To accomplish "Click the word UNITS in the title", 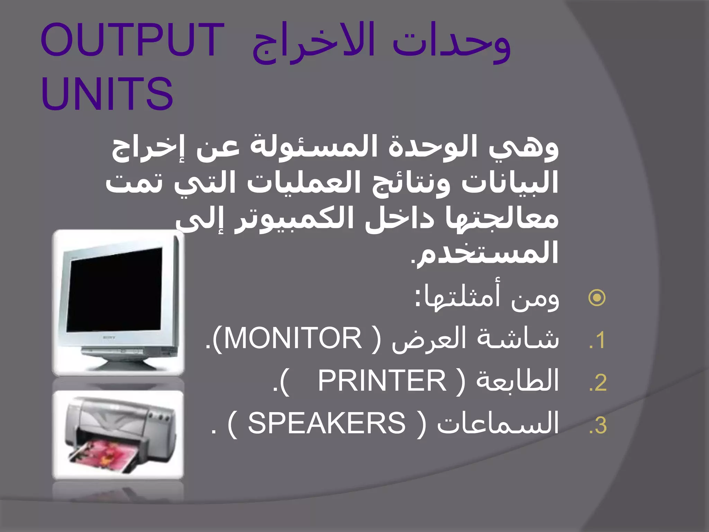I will (107, 94).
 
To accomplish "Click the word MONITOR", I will (292, 338).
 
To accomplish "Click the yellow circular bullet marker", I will (597, 298).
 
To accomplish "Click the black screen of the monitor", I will (114, 291).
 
